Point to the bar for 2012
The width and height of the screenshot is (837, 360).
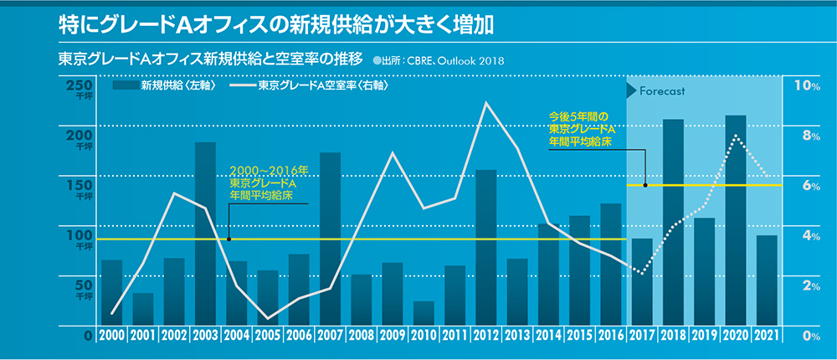click(485, 247)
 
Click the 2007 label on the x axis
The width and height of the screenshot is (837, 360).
click(330, 336)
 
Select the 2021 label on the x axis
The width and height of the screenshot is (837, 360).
click(767, 336)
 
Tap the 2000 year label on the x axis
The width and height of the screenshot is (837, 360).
click(111, 336)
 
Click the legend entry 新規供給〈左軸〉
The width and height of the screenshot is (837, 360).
click(163, 85)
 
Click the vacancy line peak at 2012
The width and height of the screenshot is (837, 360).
click(485, 103)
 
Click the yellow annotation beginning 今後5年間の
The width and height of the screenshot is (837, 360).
click(582, 130)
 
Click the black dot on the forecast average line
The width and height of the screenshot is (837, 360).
click(645, 184)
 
